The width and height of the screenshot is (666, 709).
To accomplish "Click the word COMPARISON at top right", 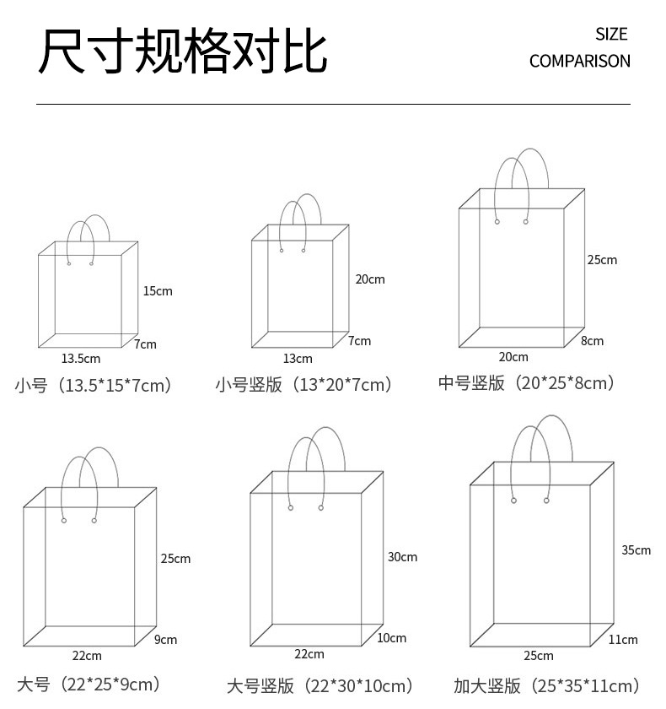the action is point(579,61).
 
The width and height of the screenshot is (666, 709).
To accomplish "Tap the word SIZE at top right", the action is point(611,35).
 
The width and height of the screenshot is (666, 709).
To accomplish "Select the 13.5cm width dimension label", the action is point(80,360).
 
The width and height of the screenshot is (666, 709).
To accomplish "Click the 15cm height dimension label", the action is point(157,291).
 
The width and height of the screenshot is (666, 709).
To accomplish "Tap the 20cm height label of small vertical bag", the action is point(369,279).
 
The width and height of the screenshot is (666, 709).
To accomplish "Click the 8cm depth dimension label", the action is point(592,341).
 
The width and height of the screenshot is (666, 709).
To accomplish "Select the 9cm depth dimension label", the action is point(166,640).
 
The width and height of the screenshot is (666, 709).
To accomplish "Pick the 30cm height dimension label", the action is point(402,557).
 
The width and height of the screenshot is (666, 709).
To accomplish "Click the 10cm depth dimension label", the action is point(391,638).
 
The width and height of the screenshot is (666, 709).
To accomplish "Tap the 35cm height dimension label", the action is point(636,550).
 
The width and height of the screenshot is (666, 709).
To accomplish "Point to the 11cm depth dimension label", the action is point(623,640).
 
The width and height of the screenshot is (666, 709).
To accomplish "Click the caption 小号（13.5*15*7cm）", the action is point(93,386).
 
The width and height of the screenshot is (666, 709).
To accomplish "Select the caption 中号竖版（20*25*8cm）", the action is point(526,383).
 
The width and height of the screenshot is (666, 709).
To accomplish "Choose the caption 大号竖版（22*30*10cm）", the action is point(320,685).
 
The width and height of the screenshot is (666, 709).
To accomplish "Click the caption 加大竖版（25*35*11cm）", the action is point(545,685).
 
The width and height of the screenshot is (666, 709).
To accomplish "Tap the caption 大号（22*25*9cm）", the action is point(88,684).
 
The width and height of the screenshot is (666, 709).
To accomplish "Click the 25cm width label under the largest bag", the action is point(538,656).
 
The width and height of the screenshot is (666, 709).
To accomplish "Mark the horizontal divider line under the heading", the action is point(333,104).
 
